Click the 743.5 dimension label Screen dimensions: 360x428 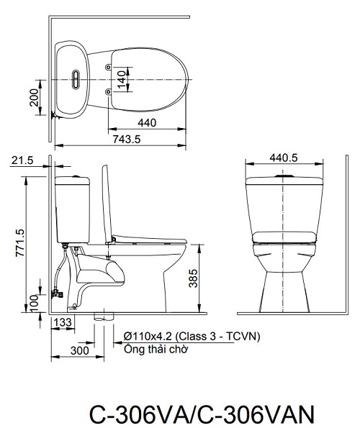(x=127, y=140)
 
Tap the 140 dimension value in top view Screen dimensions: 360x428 (x=122, y=79)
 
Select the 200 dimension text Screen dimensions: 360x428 (x=35, y=97)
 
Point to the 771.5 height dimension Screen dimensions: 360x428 (x=20, y=242)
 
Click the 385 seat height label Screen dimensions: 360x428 (x=193, y=278)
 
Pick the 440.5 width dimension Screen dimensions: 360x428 (x=284, y=158)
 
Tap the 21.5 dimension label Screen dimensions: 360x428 (x=22, y=160)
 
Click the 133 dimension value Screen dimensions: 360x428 (x=63, y=322)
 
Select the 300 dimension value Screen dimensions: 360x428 (x=79, y=350)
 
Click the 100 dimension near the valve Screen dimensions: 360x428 (x=35, y=304)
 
